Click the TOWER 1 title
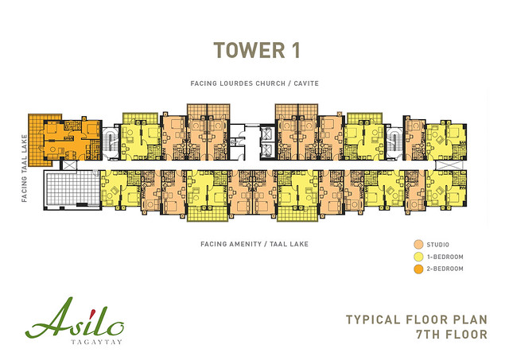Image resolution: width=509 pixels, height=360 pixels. tap(256, 50)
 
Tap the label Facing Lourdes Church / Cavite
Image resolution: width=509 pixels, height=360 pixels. tap(254, 83)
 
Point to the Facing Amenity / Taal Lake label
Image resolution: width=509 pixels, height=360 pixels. tap(254, 244)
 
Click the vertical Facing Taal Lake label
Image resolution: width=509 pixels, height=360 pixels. tap(25, 168)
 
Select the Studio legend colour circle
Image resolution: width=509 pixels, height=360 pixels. tap(419, 245)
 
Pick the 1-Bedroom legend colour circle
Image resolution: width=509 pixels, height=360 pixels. tap(419, 257)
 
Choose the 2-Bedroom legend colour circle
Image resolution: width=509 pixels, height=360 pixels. tap(419, 269)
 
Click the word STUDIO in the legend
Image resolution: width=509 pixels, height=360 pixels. tap(438, 245)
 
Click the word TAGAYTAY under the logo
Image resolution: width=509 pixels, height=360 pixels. tap(96, 342)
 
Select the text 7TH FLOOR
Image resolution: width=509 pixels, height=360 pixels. tap(452, 335)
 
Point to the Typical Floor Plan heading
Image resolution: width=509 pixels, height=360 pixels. tap(417, 319)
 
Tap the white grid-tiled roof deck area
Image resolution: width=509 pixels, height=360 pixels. tap(72, 189)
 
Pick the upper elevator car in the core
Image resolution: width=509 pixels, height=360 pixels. tap(268, 134)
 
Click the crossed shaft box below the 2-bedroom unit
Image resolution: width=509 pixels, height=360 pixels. tap(69, 165)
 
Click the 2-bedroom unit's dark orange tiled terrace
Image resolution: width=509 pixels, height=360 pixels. tap(37, 140)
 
